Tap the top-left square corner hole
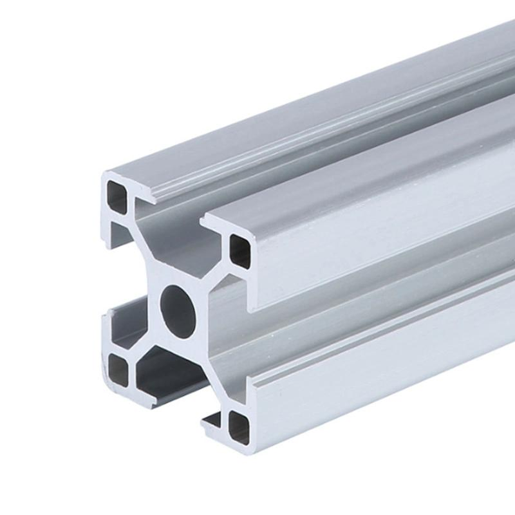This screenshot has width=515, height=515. click(x=117, y=196)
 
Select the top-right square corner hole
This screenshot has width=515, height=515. click(x=240, y=251)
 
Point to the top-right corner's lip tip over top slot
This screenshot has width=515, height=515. click(x=207, y=223)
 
